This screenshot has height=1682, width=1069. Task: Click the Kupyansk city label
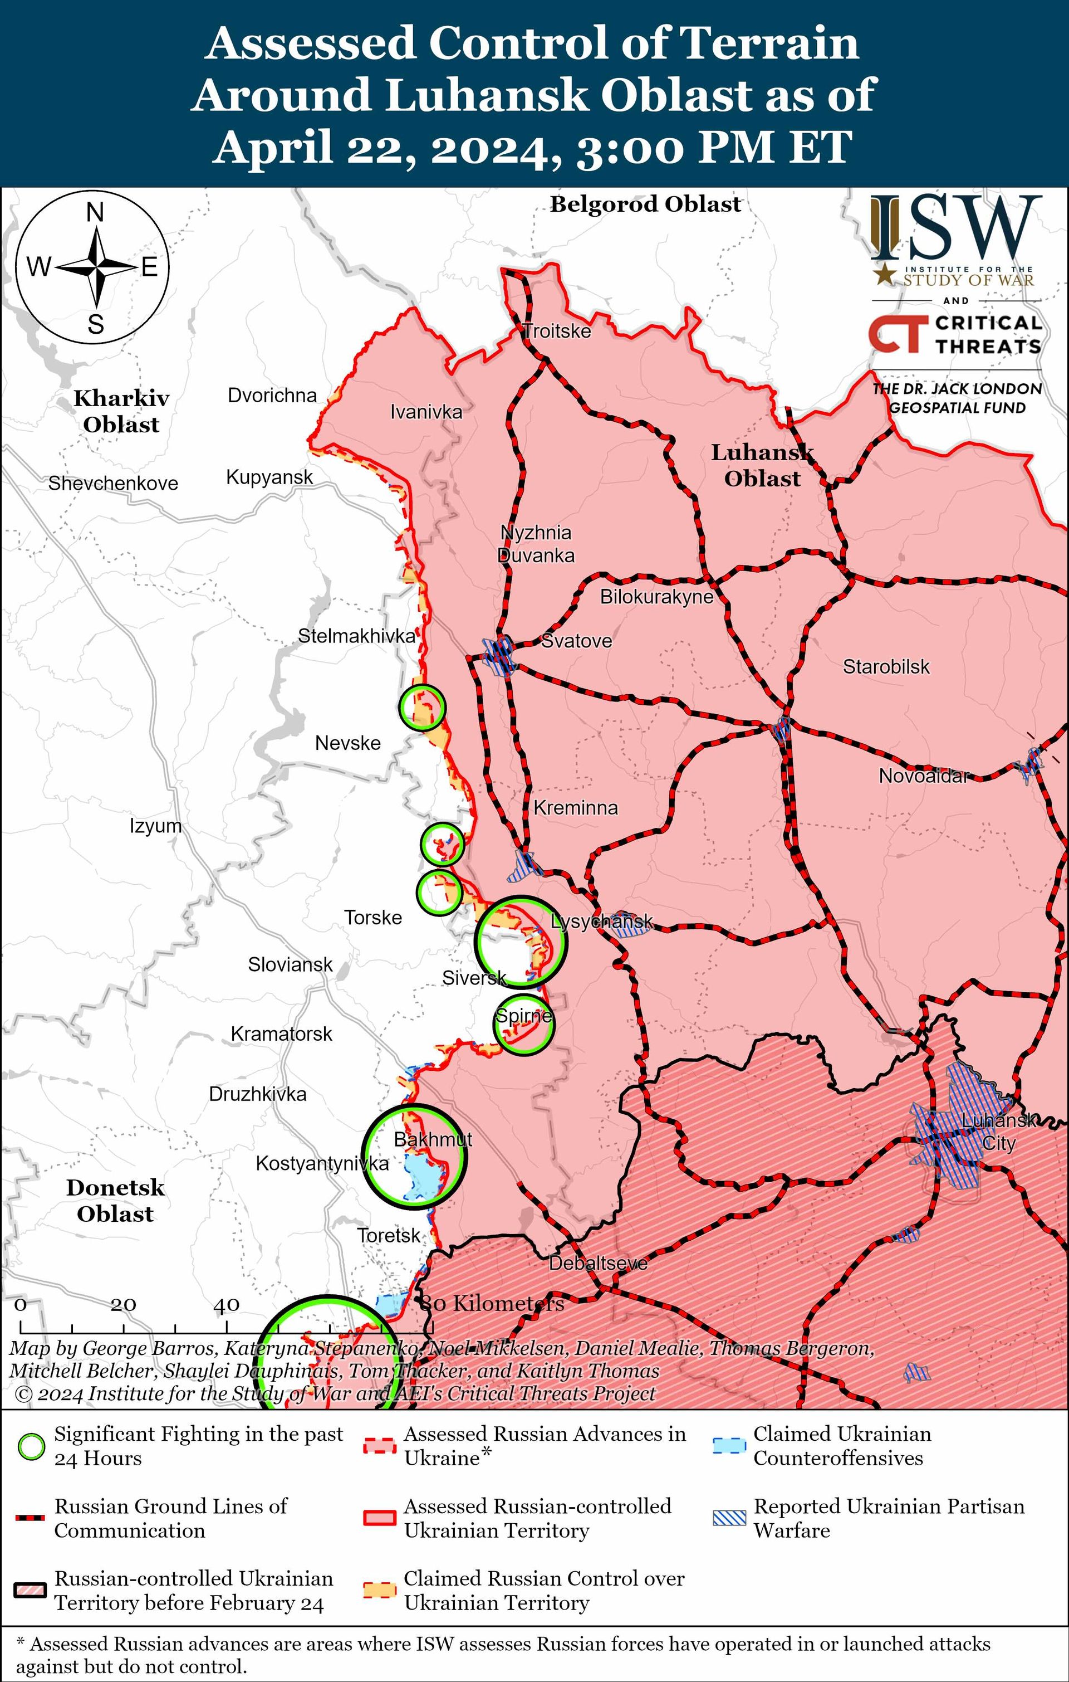pos(269,477)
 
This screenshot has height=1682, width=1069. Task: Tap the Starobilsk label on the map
pos(885,666)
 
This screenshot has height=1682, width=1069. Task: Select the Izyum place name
pos(155,826)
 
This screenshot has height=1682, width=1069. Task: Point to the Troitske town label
pos(557,330)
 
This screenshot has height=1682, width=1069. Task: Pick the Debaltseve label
pos(597,1263)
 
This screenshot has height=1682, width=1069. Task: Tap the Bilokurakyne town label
pos(656,597)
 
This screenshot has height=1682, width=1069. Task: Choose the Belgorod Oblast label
pos(645,204)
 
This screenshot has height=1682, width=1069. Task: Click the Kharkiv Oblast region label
pos(121,411)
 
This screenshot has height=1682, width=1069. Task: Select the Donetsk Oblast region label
pos(116,1200)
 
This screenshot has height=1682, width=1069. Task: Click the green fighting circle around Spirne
pos(523,1024)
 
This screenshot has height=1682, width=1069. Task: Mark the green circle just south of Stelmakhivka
pos(421,708)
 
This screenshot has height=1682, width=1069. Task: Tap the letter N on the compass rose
pos(95,212)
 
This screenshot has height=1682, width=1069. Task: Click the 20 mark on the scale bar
pos(123,1305)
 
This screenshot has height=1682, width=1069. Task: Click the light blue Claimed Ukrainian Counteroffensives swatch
pos(729,1445)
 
